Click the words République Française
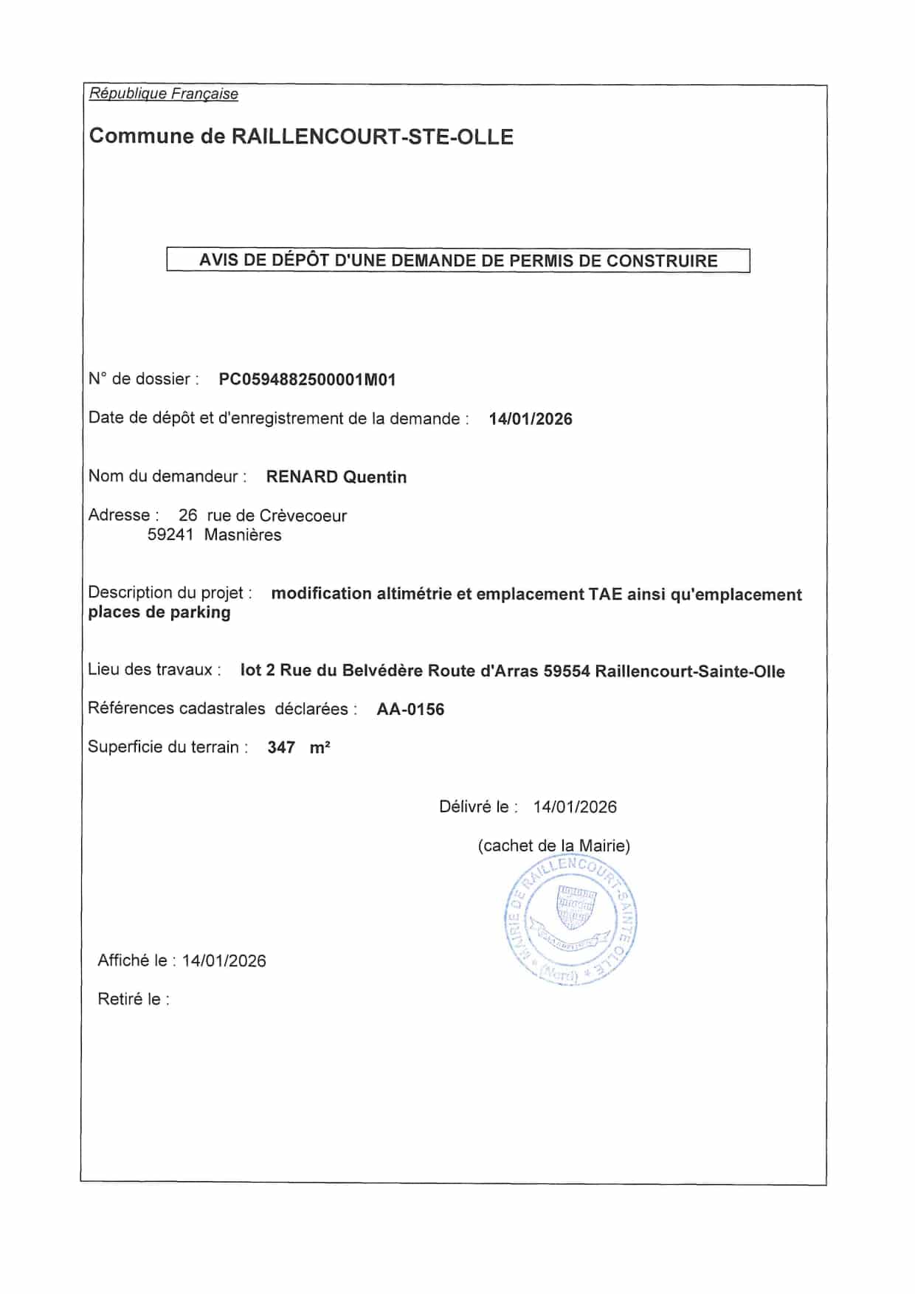(163, 94)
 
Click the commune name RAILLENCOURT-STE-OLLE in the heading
(372, 137)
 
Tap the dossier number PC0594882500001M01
(307, 380)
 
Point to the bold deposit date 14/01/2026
(530, 419)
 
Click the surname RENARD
(302, 477)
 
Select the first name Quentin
(375, 477)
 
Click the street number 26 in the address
(187, 516)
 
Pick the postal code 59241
(170, 535)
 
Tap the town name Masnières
(243, 535)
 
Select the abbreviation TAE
(605, 594)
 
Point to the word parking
(200, 612)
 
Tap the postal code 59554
(566, 671)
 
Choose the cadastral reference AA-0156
(410, 710)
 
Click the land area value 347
(281, 748)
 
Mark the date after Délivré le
(574, 807)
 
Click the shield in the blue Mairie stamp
(576, 907)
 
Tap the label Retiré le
(133, 1000)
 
